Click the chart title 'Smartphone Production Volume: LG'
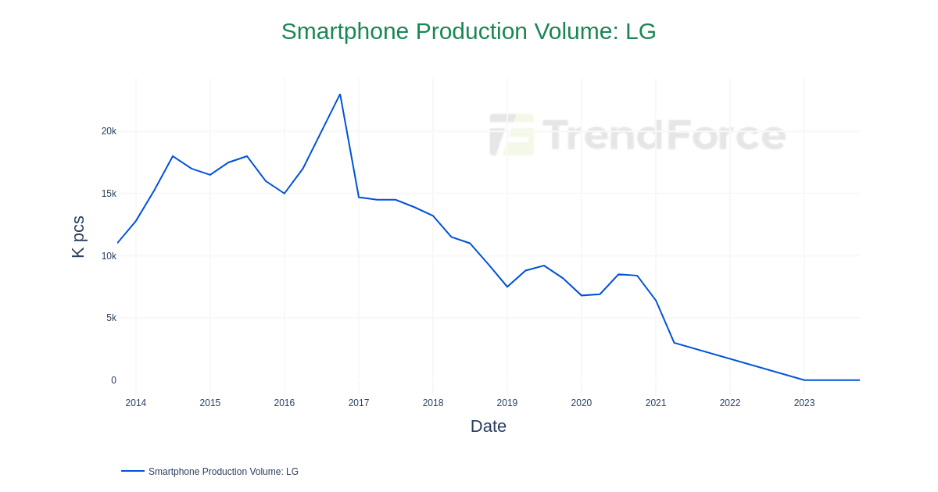pos(468,31)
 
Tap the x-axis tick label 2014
pos(136,403)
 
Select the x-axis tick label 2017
pos(359,403)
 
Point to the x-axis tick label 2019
pos(507,403)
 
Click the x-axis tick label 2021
pos(656,403)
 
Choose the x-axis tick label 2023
pos(804,403)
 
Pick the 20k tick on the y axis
pos(109,131)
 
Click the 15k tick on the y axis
pos(109,194)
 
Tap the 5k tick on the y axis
pos(111,318)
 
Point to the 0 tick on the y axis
pos(113,380)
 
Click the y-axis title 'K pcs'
pos(78,237)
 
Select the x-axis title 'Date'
pos(488,426)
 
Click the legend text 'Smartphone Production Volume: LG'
pos(224,472)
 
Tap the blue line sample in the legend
pos(133,471)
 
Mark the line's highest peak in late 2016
pos(340,94)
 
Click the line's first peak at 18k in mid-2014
pos(173,156)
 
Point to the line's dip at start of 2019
pos(507,287)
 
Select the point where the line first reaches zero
pos(804,380)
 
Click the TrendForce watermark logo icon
pos(512,134)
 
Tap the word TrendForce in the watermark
pos(664,134)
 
